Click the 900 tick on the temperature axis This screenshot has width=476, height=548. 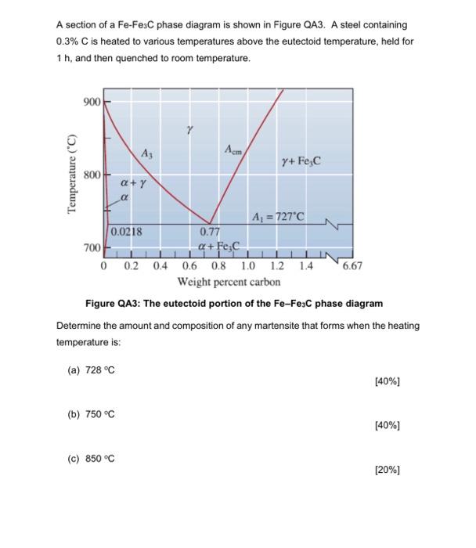89,103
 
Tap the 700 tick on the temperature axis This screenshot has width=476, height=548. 89,247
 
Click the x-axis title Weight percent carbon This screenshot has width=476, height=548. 229,281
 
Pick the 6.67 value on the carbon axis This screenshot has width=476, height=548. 352,266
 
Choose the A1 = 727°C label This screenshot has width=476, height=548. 278,216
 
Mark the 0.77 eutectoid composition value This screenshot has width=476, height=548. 209,233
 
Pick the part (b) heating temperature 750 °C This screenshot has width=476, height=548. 99,414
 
